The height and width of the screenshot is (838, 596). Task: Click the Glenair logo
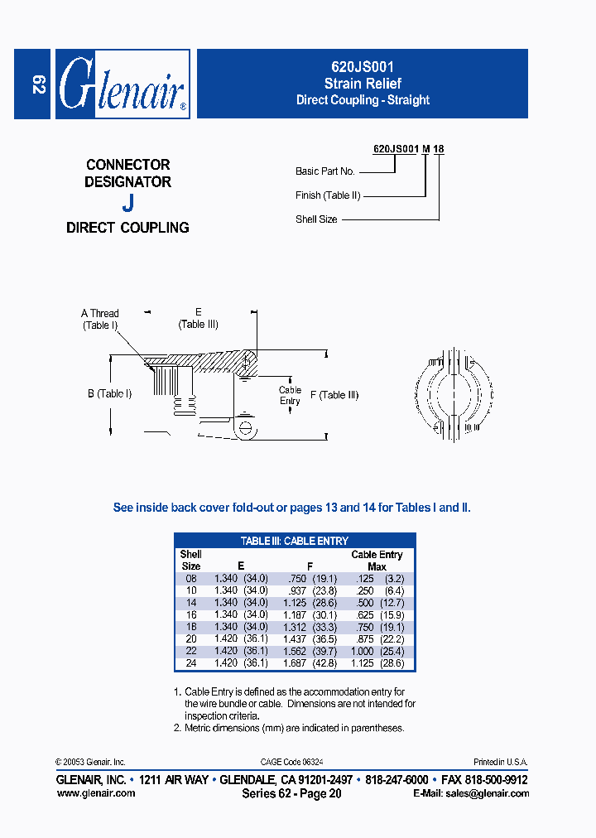coord(123,84)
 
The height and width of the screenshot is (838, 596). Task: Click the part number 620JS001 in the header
coord(363,69)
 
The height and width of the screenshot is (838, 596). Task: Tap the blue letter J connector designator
coord(127,202)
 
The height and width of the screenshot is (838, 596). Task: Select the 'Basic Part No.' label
coord(325,171)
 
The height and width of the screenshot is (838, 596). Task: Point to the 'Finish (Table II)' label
coord(328,195)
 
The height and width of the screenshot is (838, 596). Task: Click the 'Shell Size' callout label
coord(316,219)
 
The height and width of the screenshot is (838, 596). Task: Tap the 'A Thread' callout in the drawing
coord(100,314)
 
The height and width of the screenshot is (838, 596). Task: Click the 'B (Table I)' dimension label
coord(110,394)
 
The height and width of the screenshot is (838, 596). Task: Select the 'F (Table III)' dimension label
coord(334,395)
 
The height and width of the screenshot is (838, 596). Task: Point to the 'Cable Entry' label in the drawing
coord(290,395)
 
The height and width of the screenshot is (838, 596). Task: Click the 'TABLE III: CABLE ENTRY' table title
coord(295,541)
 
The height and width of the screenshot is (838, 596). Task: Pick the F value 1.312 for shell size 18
coord(299,627)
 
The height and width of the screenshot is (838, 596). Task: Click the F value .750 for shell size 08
coord(299,578)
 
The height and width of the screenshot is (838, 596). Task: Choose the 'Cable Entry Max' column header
coord(377,561)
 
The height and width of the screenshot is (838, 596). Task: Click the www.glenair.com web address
coord(95,792)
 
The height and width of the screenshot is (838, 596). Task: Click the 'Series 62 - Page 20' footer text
coord(291,793)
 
